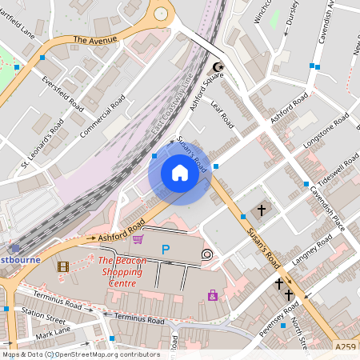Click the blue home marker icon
coord(180,173)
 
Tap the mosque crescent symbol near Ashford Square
coord(217,68)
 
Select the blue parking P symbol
coord(166,250)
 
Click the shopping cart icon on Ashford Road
coord(138,238)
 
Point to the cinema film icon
coord(63,266)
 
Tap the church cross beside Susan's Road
coord(262,210)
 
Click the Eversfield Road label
coord(63,94)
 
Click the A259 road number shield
coord(346,346)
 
